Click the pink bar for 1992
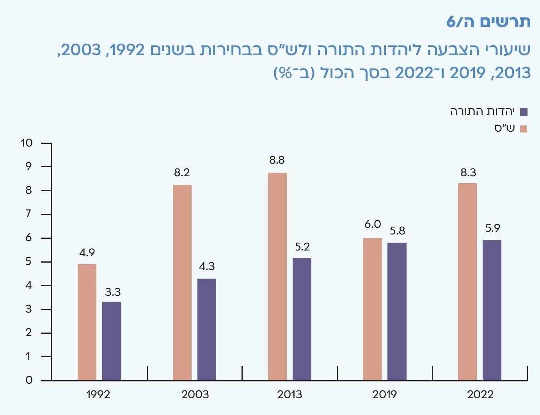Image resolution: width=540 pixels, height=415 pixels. (87, 322)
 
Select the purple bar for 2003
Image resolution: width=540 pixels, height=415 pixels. (207, 329)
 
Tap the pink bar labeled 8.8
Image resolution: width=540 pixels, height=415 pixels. (277, 276)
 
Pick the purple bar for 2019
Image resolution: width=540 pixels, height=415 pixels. (397, 311)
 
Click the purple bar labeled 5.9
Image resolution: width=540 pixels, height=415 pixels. (492, 310)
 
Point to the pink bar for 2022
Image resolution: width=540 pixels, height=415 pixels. (467, 282)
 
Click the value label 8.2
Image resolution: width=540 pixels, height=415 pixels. (182, 173)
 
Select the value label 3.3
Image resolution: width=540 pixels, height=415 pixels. (113, 292)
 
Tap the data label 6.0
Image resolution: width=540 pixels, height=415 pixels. (373, 224)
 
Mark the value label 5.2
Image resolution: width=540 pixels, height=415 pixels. (302, 247)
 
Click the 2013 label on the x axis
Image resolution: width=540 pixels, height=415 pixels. (290, 395)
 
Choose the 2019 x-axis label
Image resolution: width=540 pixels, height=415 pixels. (384, 395)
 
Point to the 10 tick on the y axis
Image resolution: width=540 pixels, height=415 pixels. (27, 143)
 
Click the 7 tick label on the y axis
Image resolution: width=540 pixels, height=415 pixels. (28, 214)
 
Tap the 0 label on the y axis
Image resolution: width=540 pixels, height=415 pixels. (29, 380)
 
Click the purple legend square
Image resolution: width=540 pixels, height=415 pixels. (524, 112)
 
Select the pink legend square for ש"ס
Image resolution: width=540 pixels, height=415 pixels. (524, 129)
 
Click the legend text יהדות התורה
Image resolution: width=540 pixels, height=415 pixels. (482, 112)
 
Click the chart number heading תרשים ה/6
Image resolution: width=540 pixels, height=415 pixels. (488, 22)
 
